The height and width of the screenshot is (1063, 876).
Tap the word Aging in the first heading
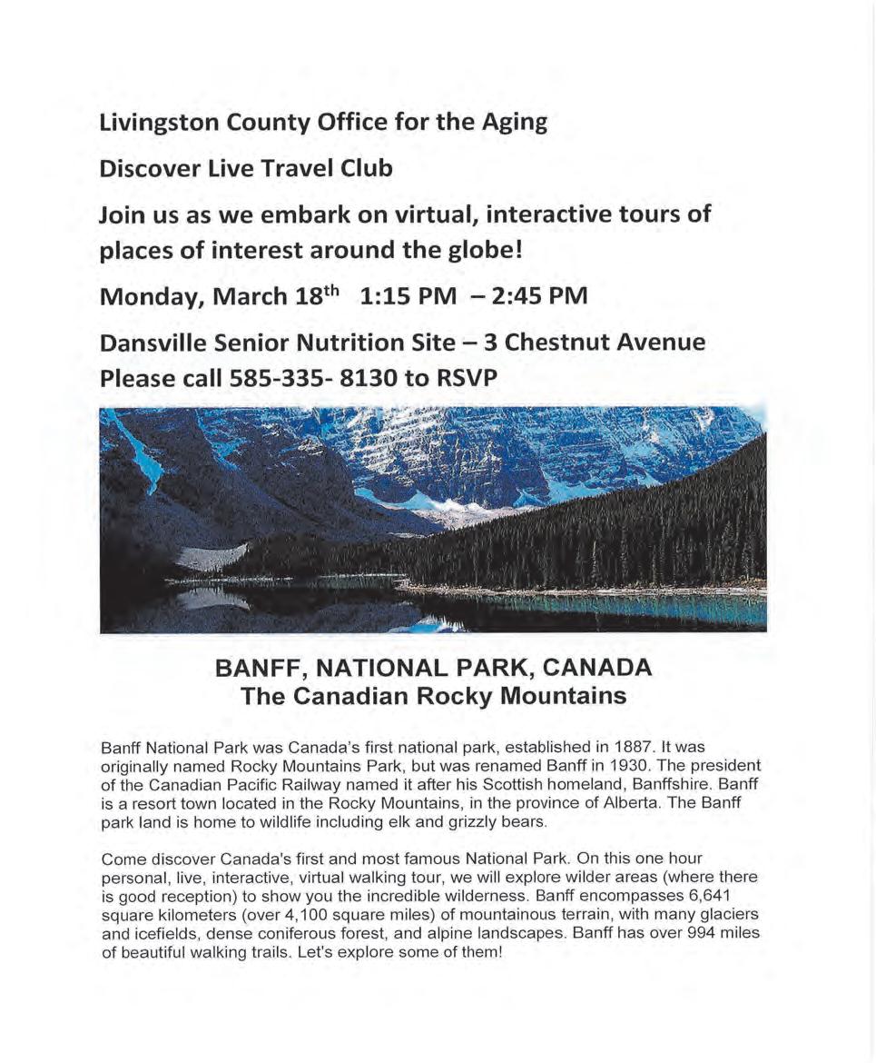[515, 123]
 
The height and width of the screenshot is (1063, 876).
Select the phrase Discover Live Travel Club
[246, 169]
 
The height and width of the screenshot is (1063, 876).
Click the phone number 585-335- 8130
[319, 377]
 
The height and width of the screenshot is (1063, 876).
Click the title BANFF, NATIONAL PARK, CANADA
[434, 668]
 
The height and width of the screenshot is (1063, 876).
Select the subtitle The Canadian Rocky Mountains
[434, 697]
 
